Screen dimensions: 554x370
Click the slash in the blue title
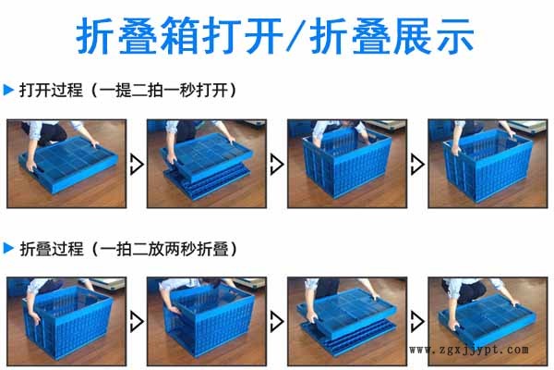(295, 35)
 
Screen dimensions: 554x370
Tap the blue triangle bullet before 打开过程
(8, 90)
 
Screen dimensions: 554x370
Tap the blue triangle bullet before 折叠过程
(8, 248)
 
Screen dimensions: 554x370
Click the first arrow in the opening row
(137, 164)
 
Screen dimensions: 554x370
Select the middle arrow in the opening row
(277, 164)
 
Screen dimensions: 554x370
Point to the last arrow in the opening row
(417, 164)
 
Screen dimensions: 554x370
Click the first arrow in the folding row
(137, 322)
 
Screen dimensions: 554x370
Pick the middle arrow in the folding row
(277, 322)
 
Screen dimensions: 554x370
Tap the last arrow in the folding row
(417, 322)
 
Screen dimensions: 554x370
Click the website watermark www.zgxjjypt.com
(469, 350)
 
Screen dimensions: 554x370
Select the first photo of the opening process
(66, 164)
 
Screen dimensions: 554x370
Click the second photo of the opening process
(207, 164)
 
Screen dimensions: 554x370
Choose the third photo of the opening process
(347, 164)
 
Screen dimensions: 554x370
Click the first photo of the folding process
(66, 322)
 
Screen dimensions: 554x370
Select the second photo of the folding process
(207, 322)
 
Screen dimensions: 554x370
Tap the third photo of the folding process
(347, 322)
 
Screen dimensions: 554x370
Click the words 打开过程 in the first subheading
(51, 90)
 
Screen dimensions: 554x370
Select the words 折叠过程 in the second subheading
(52, 249)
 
